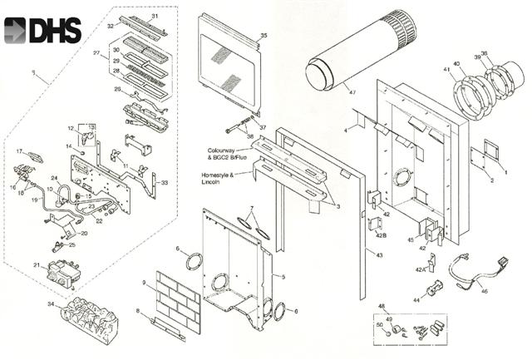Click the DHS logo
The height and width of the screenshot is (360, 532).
[x=43, y=30]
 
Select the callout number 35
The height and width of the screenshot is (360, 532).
[x=264, y=35]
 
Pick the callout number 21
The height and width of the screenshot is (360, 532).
[x=37, y=265]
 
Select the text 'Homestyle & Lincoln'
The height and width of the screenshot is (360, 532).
[x=218, y=180]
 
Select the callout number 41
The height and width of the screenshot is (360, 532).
[x=447, y=68]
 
